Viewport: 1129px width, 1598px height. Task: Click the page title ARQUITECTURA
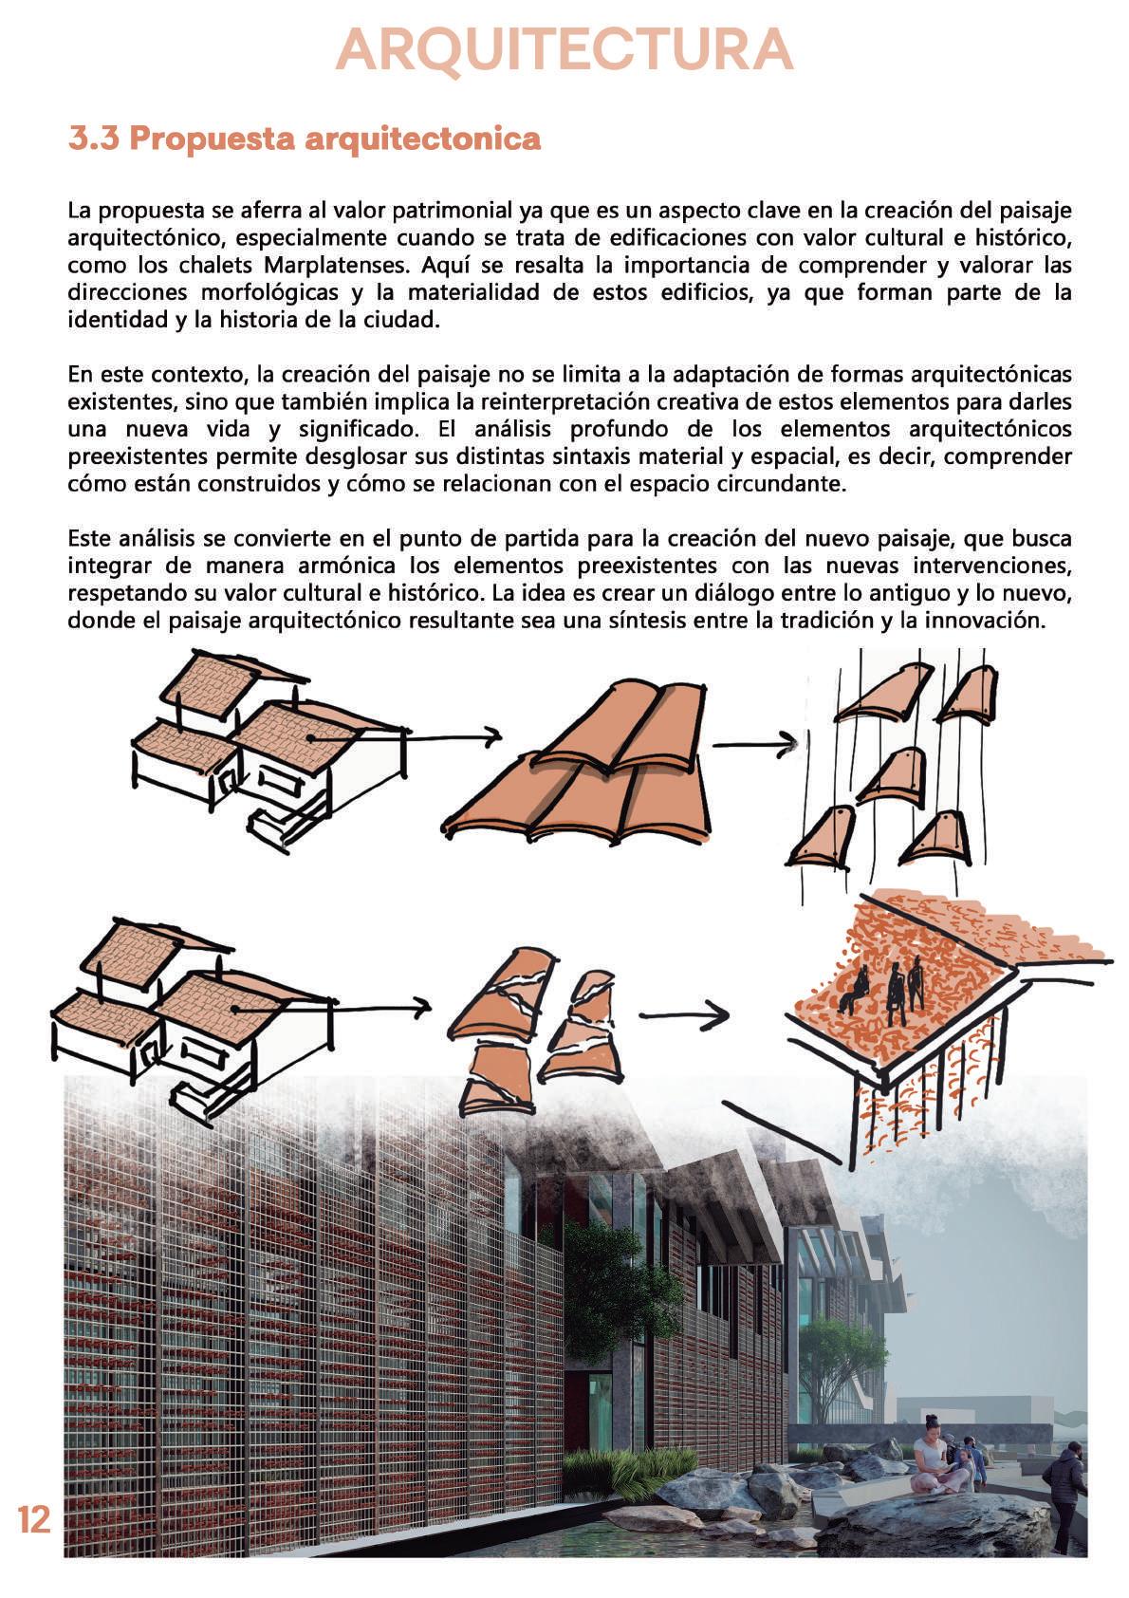564,49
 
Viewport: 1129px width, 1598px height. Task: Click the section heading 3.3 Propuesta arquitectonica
305,139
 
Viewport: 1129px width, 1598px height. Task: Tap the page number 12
34,1519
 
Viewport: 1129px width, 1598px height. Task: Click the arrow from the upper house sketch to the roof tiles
408,736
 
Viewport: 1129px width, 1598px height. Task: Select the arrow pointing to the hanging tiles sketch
754,746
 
